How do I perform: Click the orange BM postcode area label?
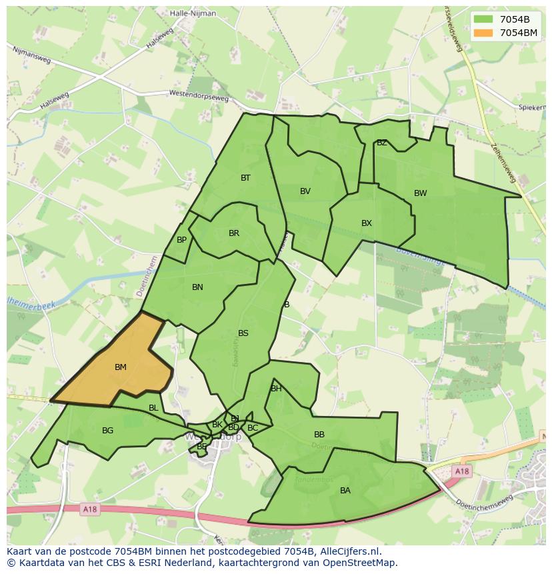[121, 367]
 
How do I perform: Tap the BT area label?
[245, 178]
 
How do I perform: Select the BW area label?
[420, 193]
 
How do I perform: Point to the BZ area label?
[382, 143]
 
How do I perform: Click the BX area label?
[367, 223]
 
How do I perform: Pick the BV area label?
[305, 191]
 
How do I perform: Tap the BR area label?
[234, 233]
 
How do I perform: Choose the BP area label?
[181, 240]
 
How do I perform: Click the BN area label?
[197, 287]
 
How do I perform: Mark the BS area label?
[243, 333]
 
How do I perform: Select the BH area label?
[276, 389]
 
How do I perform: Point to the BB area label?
[319, 435]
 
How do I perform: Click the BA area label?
[345, 491]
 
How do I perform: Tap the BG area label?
[107, 431]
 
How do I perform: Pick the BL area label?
[153, 408]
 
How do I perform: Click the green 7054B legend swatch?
[484, 19]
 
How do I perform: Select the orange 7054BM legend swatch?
[484, 33]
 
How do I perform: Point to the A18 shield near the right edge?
[462, 471]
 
